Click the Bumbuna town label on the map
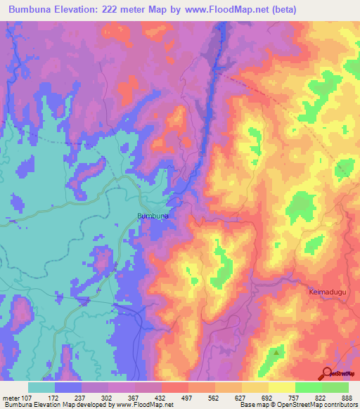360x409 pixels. pyautogui.click(x=152, y=216)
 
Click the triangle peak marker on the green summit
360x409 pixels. pyautogui.click(x=279, y=351)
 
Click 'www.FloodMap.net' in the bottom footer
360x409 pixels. pyautogui.click(x=139, y=405)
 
